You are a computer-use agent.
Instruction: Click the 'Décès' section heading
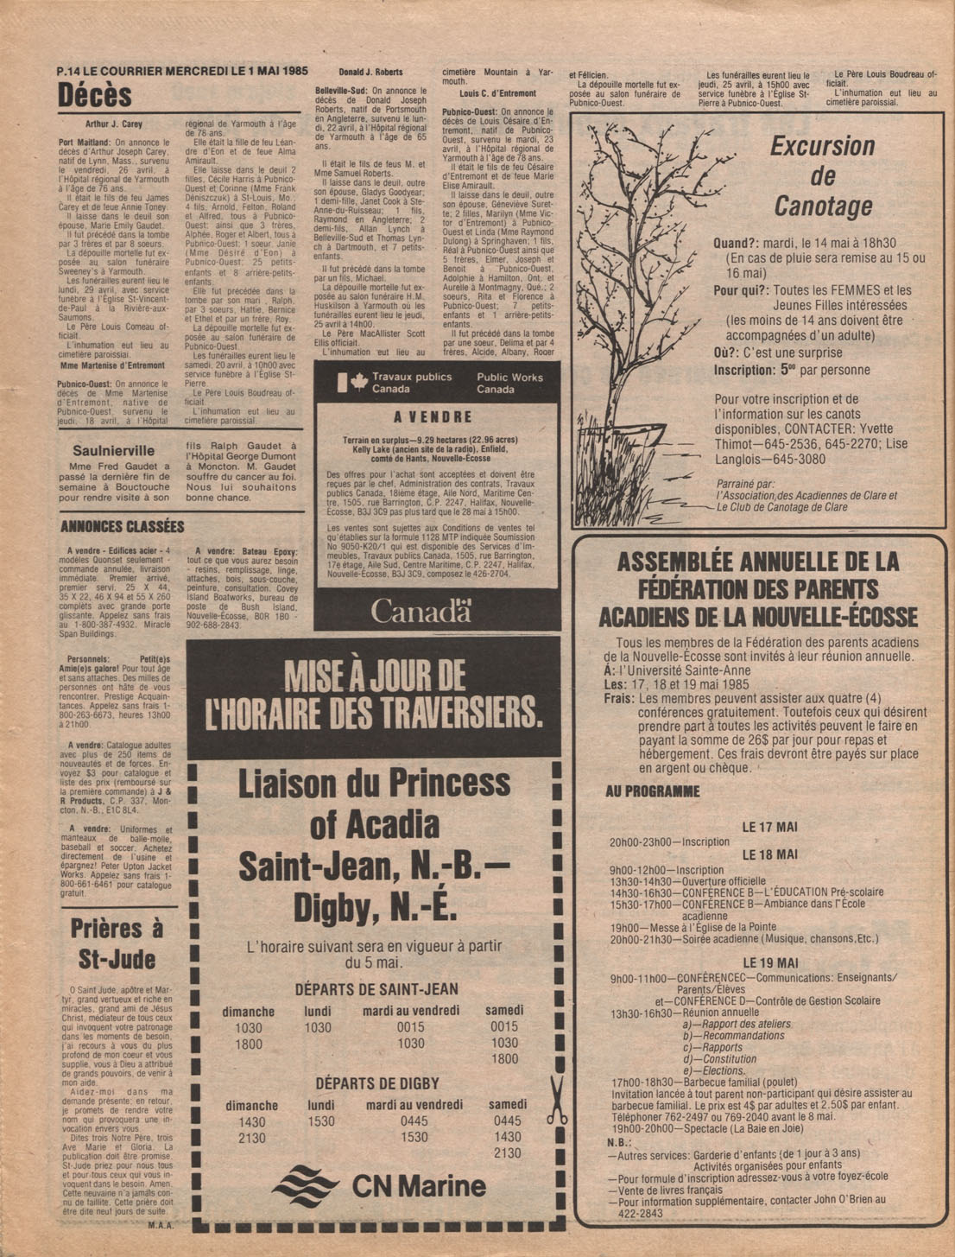coord(95,95)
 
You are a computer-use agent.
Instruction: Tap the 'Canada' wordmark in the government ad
coord(421,611)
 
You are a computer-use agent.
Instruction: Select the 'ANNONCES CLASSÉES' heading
coord(122,527)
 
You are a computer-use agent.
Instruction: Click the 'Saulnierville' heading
coord(114,450)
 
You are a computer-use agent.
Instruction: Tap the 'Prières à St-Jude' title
coord(117,943)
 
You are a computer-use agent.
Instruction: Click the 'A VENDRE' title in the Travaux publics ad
coord(433,417)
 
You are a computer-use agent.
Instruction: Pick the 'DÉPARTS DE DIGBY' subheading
coord(376,1083)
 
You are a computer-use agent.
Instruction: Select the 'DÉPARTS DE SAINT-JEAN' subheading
coord(376,989)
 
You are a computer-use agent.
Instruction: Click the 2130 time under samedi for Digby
coord(507,1153)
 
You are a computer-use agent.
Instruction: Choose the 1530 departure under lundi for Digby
coord(321,1121)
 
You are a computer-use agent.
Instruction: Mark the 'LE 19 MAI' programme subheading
coord(770,962)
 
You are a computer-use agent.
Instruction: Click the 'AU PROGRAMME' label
coord(653,791)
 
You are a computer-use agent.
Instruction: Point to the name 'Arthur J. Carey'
coord(113,124)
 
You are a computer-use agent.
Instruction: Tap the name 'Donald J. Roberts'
coord(370,73)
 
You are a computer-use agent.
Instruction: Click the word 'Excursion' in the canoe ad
coord(822,146)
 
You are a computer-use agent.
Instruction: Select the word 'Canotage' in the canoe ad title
coord(823,206)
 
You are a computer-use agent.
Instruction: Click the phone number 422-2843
coord(642,1213)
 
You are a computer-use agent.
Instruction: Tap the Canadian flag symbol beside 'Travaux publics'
coord(353,382)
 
